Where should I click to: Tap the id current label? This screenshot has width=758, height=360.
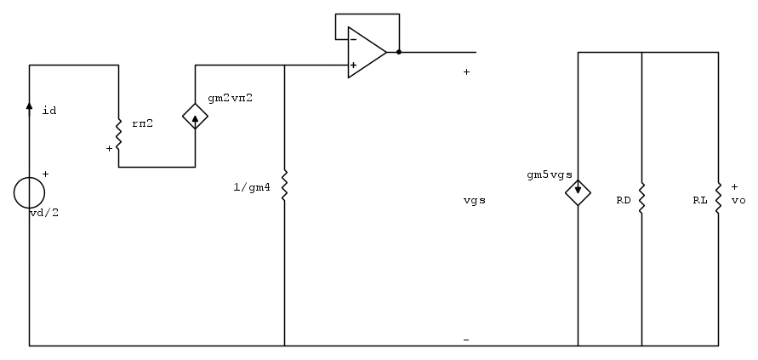pyautogui.click(x=49, y=111)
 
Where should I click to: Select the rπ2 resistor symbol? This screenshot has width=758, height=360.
pyautogui.click(x=118, y=135)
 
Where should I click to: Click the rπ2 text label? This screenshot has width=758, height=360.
pyautogui.click(x=143, y=123)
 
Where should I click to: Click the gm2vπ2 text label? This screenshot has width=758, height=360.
pyautogui.click(x=230, y=98)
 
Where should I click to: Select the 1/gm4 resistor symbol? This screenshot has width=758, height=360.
pyautogui.click(x=284, y=186)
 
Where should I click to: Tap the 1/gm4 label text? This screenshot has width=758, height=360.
pyautogui.click(x=252, y=187)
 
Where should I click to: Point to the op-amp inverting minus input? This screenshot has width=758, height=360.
pyautogui.click(x=353, y=39)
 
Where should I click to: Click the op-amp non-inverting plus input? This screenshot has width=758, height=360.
pyautogui.click(x=353, y=65)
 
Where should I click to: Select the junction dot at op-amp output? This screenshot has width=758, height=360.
pyautogui.click(x=399, y=52)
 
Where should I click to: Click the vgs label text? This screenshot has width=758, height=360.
pyautogui.click(x=474, y=201)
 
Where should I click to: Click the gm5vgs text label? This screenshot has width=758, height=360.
pyautogui.click(x=550, y=175)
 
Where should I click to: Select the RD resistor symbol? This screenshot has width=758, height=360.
pyautogui.click(x=641, y=197)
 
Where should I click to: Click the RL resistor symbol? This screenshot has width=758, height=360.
pyautogui.click(x=718, y=197)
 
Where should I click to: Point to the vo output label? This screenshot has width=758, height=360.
pyautogui.click(x=738, y=200)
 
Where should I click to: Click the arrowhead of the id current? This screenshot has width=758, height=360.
pyautogui.click(x=29, y=106)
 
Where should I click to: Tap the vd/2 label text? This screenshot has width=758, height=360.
pyautogui.click(x=44, y=213)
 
